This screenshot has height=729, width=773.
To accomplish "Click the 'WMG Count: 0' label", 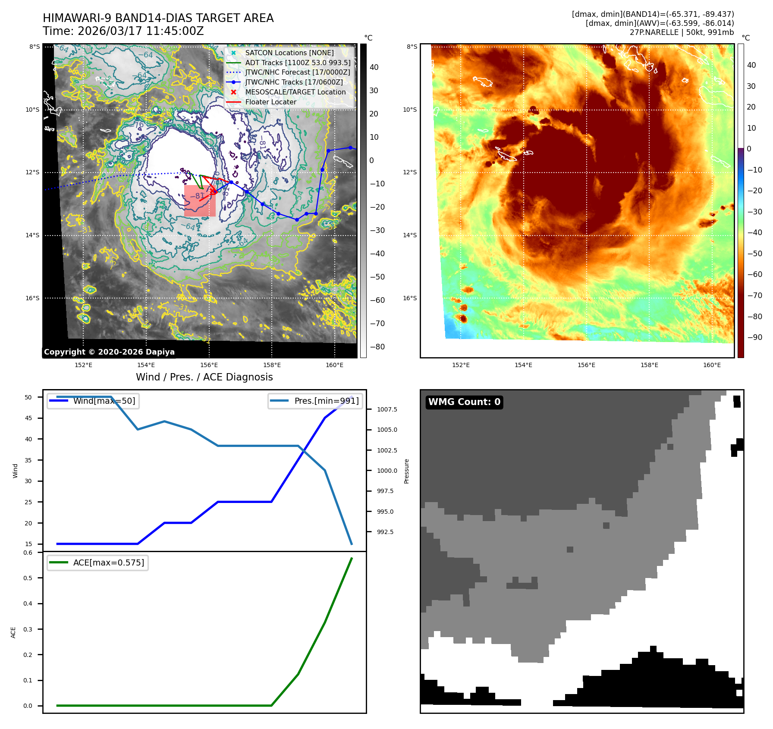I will [464, 402].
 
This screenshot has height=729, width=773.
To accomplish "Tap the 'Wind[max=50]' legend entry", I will [104, 401].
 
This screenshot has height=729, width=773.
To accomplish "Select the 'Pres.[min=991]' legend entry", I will [326, 401].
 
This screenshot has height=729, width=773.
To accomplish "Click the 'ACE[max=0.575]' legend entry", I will [108, 563].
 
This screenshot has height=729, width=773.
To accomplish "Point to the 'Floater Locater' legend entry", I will [270, 102].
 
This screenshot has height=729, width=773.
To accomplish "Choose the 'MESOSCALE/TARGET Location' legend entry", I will [295, 92].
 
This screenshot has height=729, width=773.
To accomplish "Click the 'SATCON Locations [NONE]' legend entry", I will [289, 53].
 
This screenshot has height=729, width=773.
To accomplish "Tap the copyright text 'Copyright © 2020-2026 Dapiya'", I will [109, 352].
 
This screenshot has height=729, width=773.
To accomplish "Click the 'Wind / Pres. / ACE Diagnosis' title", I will [204, 377].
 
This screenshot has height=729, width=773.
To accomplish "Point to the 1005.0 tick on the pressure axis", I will [387, 430].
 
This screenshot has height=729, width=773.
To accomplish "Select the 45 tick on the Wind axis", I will [28, 418].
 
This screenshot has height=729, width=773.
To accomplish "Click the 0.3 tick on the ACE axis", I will [28, 629].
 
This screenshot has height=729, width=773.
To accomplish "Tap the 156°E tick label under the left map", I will [209, 365].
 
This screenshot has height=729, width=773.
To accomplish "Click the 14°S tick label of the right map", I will [410, 236].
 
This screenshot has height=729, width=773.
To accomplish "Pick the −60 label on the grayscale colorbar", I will [377, 301].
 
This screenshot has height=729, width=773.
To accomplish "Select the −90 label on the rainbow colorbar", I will [754, 338].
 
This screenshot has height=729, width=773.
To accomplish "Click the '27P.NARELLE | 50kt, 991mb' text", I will [682, 32].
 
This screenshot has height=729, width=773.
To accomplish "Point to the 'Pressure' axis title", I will [406, 471].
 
